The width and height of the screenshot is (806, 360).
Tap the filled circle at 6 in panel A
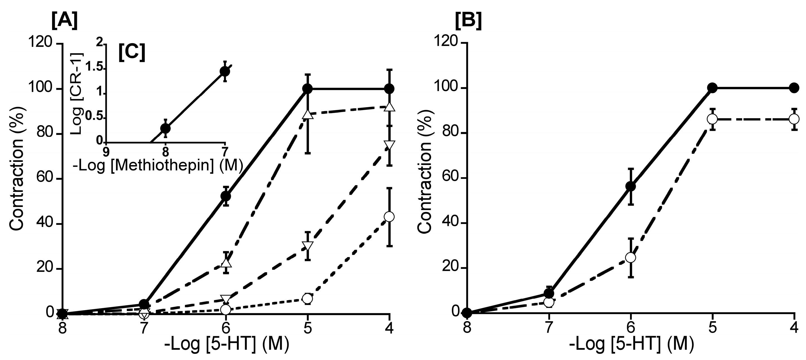point(226,196)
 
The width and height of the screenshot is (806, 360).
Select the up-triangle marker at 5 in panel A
point(308,114)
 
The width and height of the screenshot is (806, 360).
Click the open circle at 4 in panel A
point(389,217)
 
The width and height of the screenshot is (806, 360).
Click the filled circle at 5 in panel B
point(712,88)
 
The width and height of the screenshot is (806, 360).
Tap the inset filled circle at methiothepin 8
point(165,128)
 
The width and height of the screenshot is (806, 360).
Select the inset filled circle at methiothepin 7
point(225,71)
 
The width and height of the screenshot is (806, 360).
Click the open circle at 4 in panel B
point(794,119)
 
